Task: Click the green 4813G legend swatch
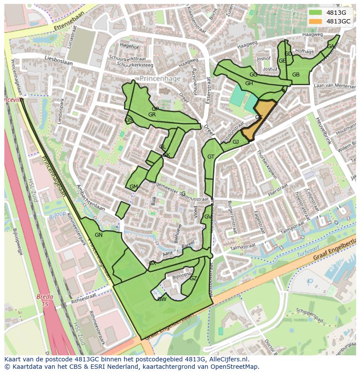click(315, 13)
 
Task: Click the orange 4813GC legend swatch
click(315, 21)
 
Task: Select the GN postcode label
click(99, 235)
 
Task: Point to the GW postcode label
click(162, 299)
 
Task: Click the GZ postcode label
click(193, 278)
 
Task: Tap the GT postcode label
click(211, 157)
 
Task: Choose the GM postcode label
click(133, 187)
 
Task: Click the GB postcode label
click(296, 75)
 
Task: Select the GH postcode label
click(249, 83)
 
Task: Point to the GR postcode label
click(152, 115)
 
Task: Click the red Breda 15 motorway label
click(45, 301)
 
